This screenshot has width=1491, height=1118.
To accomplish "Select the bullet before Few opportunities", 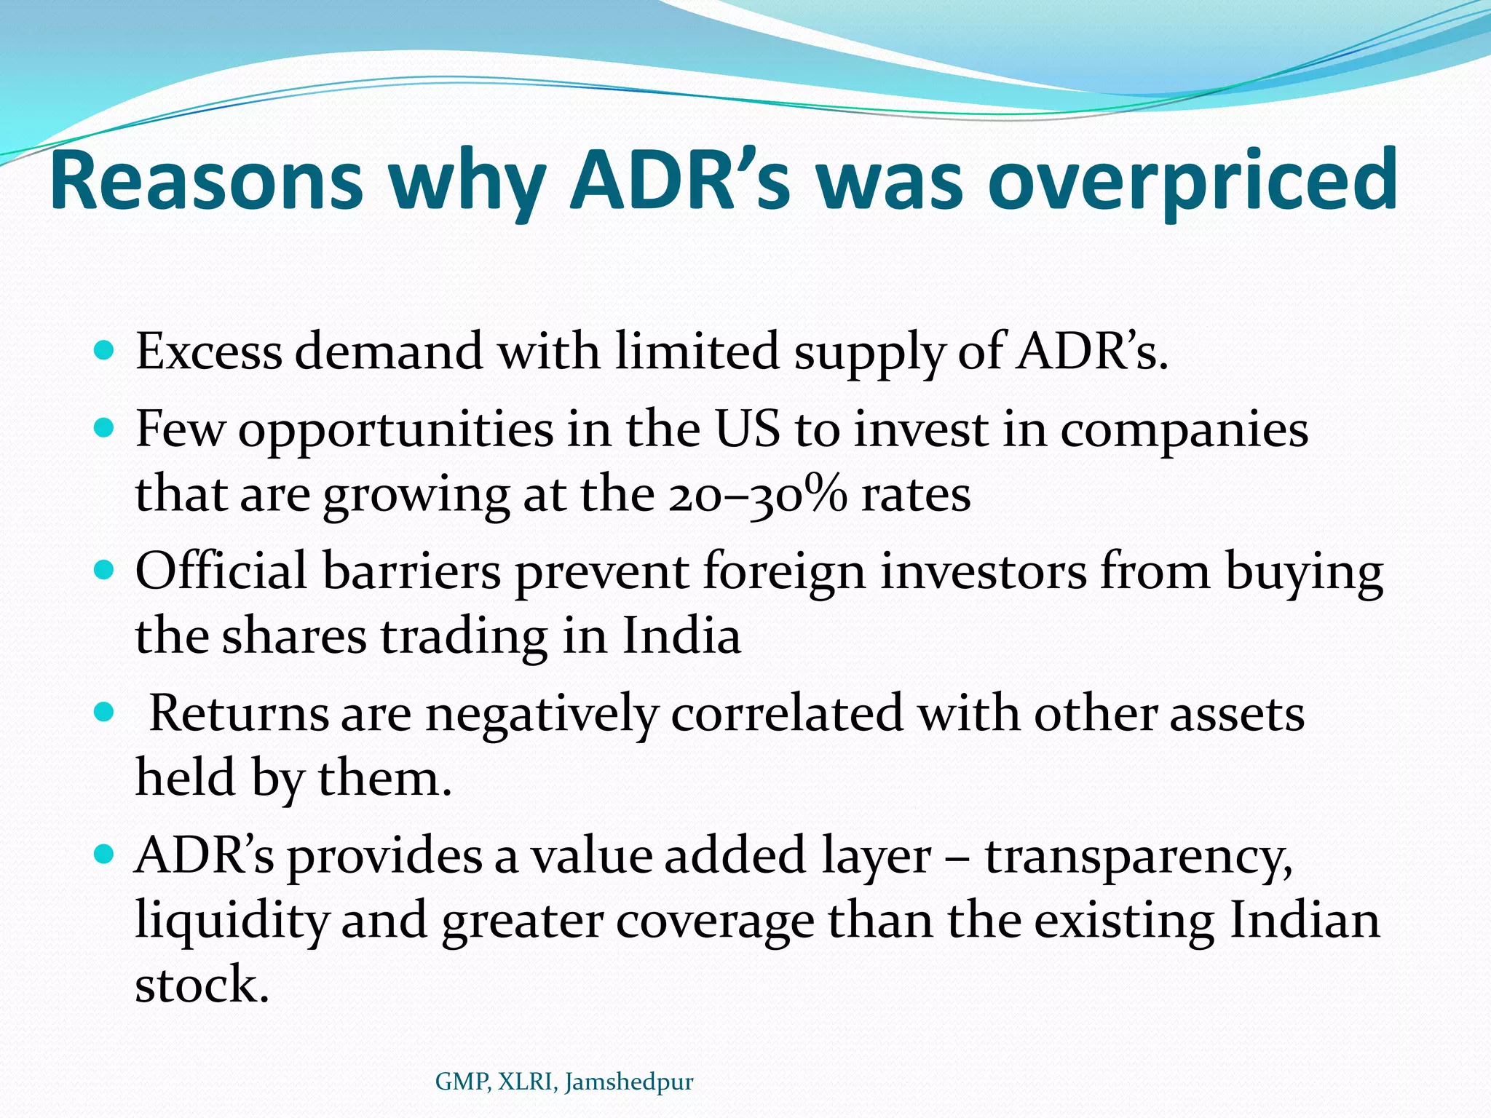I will coord(105,429).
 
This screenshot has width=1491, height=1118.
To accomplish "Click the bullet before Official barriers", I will coord(105,571).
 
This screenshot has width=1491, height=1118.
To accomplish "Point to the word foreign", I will coord(783,572).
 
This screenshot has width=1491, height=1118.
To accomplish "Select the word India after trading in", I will coord(681,636).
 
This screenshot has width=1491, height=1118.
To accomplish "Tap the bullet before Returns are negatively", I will coord(105,713).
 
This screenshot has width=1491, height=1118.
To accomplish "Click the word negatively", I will coord(540,715).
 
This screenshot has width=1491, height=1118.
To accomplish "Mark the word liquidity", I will coord(232,921).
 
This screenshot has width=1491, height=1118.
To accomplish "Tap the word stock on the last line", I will coord(202,985).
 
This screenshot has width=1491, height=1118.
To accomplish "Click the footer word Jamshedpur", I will coord(629,1082).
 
